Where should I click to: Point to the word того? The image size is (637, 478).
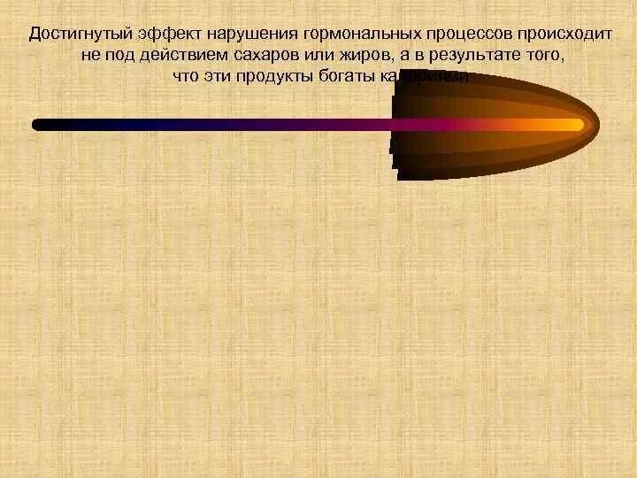542,55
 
